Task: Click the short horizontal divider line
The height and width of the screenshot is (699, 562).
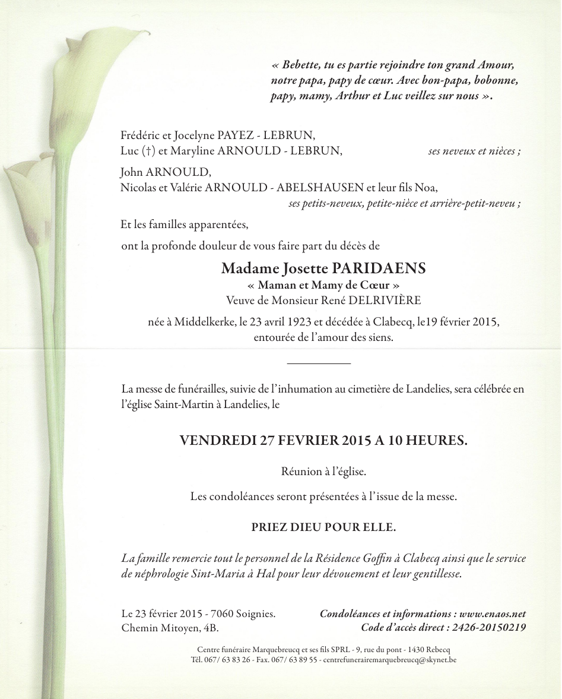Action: click(x=319, y=363)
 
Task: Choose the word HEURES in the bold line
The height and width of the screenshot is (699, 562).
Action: click(x=436, y=441)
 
